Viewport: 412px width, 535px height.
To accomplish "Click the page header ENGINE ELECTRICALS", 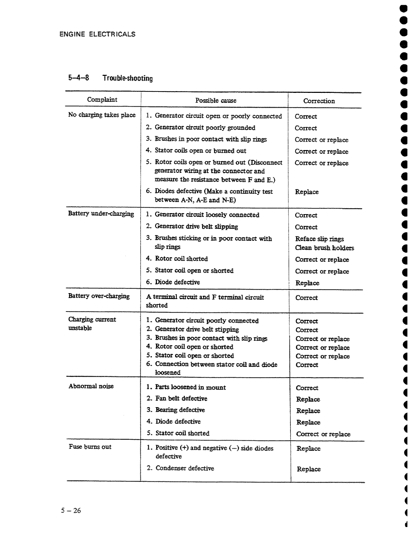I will tap(97, 34).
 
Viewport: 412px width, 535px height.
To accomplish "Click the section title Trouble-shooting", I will tap(127, 78).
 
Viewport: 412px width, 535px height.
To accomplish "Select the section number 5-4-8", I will tap(79, 78).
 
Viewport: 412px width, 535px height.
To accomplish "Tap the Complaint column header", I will tap(102, 100).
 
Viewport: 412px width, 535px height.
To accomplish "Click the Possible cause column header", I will tap(216, 100).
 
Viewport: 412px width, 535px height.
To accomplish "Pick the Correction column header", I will tap(319, 101).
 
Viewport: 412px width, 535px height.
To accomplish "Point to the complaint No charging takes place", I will tap(102, 115).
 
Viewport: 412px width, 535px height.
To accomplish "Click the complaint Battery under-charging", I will tap(101, 213).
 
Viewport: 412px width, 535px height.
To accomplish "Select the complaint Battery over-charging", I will tap(99, 296).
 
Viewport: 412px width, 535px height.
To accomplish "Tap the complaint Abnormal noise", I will tap(91, 386).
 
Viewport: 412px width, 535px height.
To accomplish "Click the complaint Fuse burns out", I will tap(90, 447).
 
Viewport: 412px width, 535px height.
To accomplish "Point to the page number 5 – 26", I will tap(71, 510).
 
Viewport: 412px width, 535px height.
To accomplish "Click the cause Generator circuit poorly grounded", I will tap(205, 128).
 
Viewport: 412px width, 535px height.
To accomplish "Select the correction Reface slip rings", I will tap(319, 239).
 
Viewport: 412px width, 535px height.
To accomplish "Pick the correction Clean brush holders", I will tap(324, 248).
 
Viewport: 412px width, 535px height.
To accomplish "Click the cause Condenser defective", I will tap(185, 468).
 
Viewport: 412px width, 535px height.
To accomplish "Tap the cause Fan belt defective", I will tap(181, 398).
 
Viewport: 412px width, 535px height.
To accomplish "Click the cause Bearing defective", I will tap(180, 410).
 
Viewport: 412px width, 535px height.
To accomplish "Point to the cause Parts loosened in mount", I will tap(190, 387).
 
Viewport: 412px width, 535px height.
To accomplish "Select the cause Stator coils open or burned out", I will tap(200, 150).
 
